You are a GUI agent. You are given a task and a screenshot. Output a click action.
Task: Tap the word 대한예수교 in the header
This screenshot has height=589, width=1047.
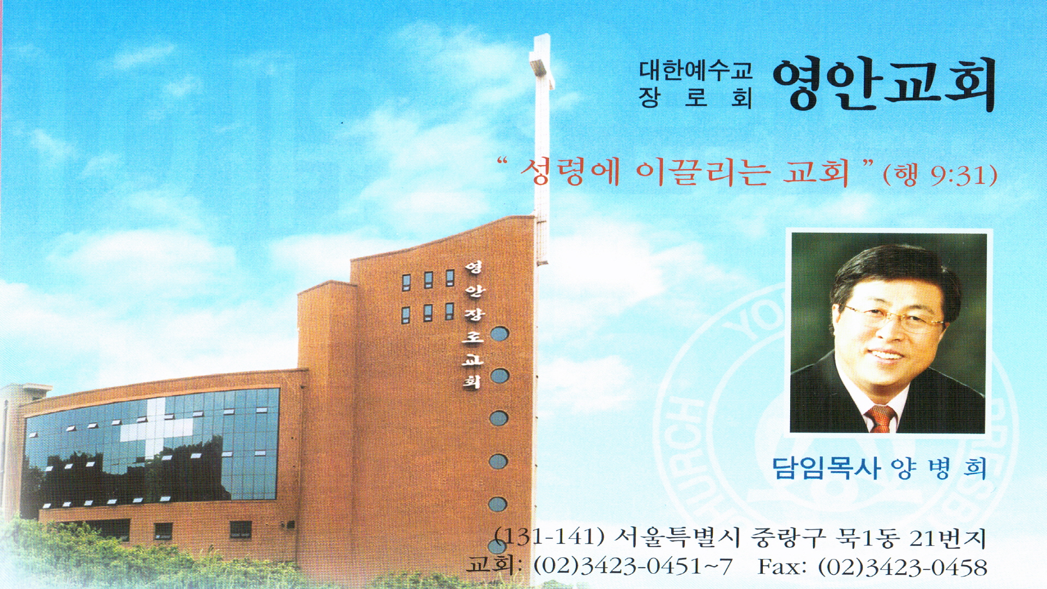pos(696,70)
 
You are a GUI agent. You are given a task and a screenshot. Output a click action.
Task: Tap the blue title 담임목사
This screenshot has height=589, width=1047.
pos(826,468)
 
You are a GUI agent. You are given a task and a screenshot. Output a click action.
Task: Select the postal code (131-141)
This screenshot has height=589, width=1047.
pos(550,537)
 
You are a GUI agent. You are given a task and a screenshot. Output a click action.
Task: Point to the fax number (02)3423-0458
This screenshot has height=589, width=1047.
pos(903,567)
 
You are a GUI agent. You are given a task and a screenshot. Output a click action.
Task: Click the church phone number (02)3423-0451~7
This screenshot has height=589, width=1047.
pos(633,566)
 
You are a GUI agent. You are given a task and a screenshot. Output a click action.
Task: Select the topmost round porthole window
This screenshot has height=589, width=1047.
pos(499,334)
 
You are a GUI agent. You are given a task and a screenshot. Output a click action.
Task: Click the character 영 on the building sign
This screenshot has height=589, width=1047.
pos(473,268)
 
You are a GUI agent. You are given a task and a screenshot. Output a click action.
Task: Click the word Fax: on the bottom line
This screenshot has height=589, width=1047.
pos(782,567)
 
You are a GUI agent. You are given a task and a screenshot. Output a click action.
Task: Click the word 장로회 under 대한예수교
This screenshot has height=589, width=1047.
pos(696,98)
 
